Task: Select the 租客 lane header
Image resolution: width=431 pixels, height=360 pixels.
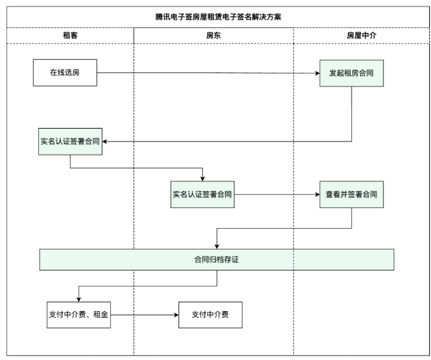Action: [x=70, y=36]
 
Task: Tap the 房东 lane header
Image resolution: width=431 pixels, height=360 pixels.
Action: [x=214, y=36]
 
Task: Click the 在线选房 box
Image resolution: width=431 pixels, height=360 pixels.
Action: [x=65, y=72]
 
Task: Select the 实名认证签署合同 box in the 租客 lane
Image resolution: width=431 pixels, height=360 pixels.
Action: [x=70, y=142]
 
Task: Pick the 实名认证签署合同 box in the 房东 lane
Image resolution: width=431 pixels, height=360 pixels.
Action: [x=203, y=194]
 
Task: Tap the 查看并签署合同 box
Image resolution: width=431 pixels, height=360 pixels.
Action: [x=351, y=194]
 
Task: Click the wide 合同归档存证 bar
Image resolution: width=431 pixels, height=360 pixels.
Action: [x=216, y=259]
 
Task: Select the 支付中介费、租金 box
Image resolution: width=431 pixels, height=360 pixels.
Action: [x=79, y=315]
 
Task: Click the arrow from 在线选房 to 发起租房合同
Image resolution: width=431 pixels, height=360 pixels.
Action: [x=208, y=73]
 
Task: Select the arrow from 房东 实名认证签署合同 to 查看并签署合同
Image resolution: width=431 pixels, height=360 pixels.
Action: [x=276, y=194]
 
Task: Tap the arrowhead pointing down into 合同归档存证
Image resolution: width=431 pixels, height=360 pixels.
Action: [x=216, y=245]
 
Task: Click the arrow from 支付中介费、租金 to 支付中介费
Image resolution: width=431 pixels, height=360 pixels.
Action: [x=144, y=315]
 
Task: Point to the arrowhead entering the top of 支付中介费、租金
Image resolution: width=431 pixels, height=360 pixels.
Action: [x=79, y=298]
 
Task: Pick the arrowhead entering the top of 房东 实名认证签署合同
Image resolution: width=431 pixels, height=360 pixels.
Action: [x=203, y=178]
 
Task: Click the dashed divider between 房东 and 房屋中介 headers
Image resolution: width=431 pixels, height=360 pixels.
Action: [x=294, y=36]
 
